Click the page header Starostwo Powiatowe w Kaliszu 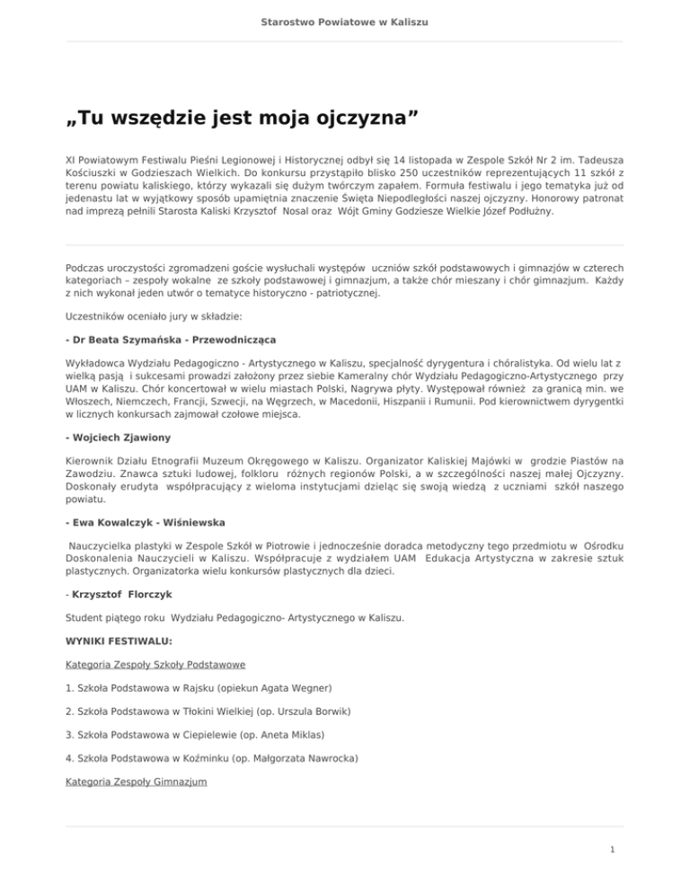pos(345,19)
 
